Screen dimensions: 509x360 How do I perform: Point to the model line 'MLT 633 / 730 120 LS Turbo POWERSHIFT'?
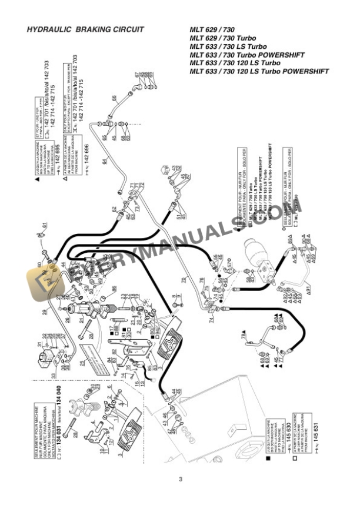(259, 72)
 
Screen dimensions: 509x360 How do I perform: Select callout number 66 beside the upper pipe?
(114, 98)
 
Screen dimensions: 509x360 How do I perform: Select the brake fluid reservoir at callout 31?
(46, 357)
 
